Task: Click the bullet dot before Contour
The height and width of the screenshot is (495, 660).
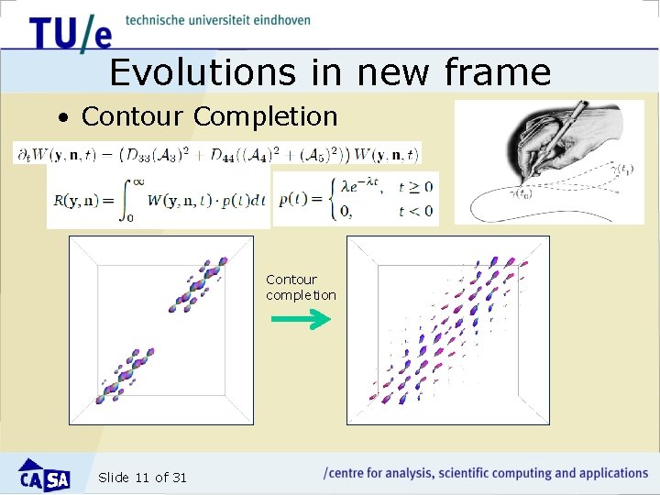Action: tap(62, 118)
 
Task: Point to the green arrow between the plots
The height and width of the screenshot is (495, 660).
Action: tap(300, 320)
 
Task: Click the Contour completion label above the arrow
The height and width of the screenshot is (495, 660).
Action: tap(300, 287)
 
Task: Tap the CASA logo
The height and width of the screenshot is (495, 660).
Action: tap(44, 475)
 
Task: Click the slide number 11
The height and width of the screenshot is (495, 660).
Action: tap(142, 478)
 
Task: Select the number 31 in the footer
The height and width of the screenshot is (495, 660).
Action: tap(179, 478)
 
